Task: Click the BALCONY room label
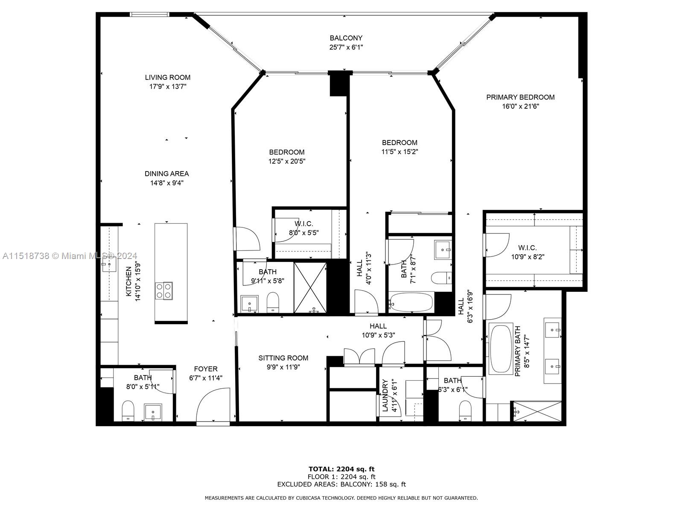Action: (x=346, y=38)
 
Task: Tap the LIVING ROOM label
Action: (x=167, y=77)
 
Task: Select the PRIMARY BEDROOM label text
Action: (x=520, y=97)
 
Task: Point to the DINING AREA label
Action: (x=166, y=174)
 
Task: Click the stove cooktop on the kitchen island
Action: (x=163, y=291)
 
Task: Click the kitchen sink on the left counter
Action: (x=109, y=264)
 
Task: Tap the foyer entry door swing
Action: (x=213, y=405)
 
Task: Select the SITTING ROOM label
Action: (x=283, y=358)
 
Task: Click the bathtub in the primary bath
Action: (x=501, y=349)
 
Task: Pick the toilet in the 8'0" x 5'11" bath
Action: (x=128, y=410)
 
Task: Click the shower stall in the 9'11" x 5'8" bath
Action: (x=310, y=288)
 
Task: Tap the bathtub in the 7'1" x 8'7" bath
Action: (x=412, y=302)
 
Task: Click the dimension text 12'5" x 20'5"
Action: (x=287, y=161)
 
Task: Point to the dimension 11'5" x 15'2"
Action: (x=400, y=152)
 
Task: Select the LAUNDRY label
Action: (x=385, y=396)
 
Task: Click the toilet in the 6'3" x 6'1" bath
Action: (x=465, y=410)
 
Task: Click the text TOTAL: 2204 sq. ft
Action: (x=341, y=469)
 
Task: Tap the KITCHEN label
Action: (x=128, y=282)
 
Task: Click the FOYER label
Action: (x=206, y=369)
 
